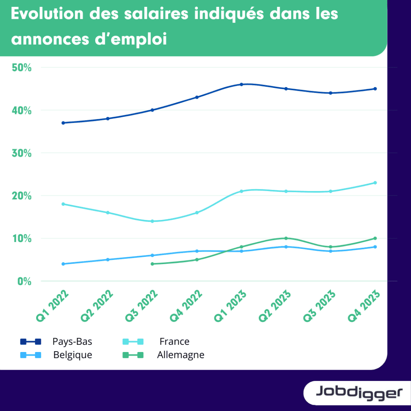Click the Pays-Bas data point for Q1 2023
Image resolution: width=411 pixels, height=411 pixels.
coord(242,84)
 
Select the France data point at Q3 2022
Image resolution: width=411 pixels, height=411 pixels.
coord(152,221)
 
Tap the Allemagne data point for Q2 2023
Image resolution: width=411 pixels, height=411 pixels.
coord(286,238)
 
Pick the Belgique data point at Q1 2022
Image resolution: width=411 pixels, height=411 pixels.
coord(63,264)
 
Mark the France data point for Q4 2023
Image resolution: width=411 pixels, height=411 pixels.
coord(375,183)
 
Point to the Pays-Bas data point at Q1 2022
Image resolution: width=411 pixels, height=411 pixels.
coord(63,123)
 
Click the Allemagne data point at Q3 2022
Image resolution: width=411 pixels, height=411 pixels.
coord(152,264)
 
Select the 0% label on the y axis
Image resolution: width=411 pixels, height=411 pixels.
coord(24,281)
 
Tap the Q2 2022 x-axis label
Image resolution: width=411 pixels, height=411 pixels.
coord(97,306)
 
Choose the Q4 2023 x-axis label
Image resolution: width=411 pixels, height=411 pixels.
coord(364,306)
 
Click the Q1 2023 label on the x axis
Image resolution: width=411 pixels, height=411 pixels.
coord(230,306)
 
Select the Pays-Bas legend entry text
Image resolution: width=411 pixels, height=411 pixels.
coord(72,342)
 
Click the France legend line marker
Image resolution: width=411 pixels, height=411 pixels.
coord(132,342)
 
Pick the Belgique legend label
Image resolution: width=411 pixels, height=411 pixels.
coord(73,355)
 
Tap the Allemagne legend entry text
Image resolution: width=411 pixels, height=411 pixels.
coord(181,355)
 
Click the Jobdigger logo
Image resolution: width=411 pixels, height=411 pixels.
coord(358,392)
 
